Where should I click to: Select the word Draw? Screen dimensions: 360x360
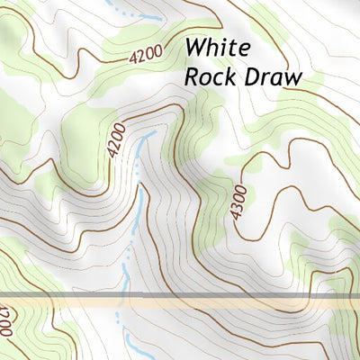(x=268, y=76)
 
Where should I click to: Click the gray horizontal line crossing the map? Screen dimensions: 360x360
(x=180, y=295)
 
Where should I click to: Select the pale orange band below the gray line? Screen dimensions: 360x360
(x=180, y=304)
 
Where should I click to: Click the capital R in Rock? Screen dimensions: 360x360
(x=192, y=76)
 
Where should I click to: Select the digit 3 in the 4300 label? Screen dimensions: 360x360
(x=236, y=206)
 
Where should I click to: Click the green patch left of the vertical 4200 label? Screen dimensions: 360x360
(x=85, y=130)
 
